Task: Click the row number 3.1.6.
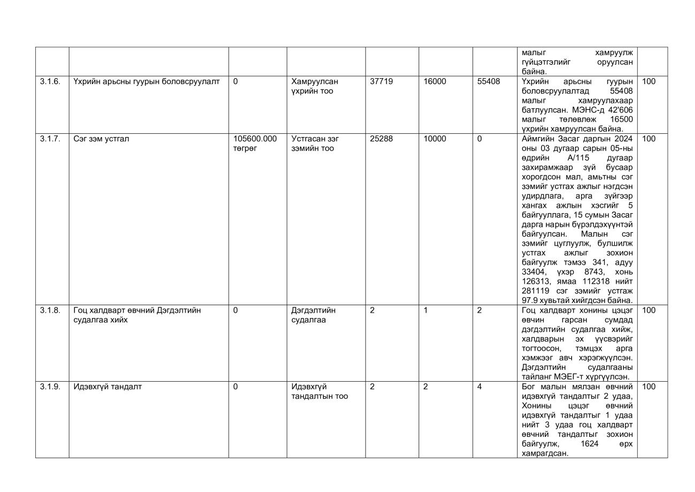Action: [x=50, y=81]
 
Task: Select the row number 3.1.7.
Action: [x=50, y=139]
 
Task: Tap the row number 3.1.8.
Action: [x=50, y=310]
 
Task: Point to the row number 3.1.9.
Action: [x=50, y=387]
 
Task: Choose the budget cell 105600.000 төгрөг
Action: [x=255, y=143]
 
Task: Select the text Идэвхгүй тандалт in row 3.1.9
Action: [x=107, y=387]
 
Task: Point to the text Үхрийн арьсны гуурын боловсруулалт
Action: [x=146, y=81]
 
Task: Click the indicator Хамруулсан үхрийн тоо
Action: [x=315, y=86]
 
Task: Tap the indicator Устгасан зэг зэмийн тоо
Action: [x=315, y=143]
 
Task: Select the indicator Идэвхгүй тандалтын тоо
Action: [x=319, y=391]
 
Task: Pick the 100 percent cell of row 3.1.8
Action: [x=648, y=310]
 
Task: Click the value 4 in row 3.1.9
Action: [x=480, y=387]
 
